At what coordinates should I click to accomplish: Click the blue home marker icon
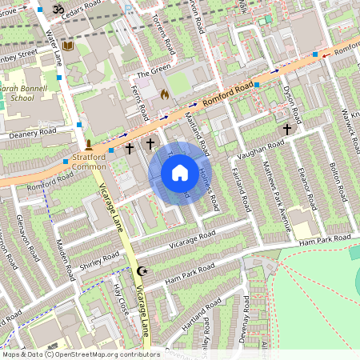tap(180, 173)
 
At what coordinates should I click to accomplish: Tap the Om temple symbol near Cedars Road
tap(57, 9)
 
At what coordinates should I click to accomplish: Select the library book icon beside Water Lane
tap(68, 47)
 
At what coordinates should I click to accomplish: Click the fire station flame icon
tap(165, 94)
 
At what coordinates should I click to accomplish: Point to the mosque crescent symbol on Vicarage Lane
tap(143, 272)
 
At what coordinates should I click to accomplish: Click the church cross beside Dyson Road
tap(286, 128)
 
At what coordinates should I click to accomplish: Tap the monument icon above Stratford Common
tap(89, 146)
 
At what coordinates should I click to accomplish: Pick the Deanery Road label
tap(33, 134)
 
